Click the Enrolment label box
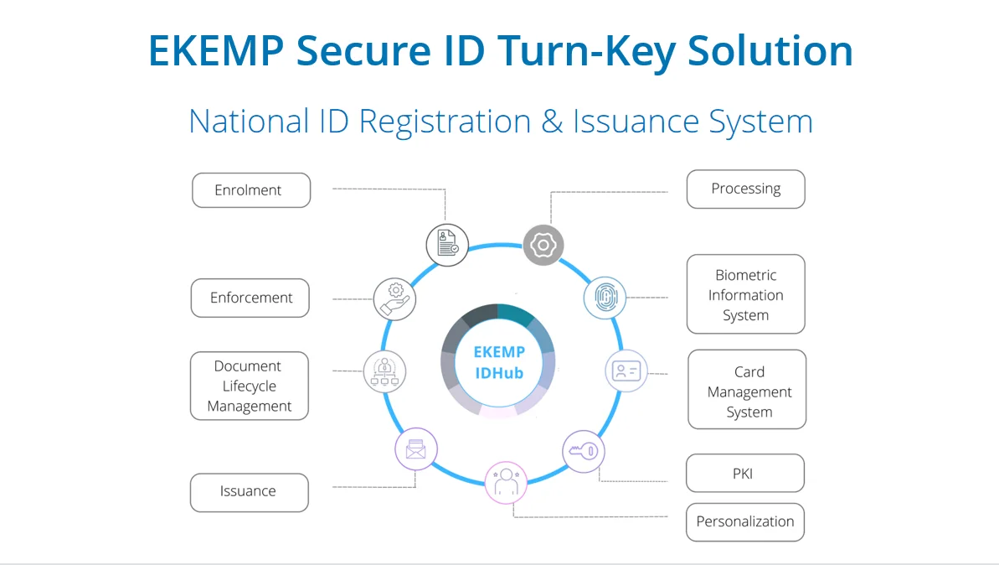click(251, 190)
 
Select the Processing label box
click(745, 189)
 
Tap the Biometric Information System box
click(745, 295)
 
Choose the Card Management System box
click(747, 391)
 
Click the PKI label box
click(744, 474)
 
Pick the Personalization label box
click(744, 521)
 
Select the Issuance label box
click(249, 492)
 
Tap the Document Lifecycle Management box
click(250, 386)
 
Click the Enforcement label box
click(250, 298)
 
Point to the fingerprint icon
click(605, 298)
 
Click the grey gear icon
click(543, 245)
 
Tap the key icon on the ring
click(583, 451)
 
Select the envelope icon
click(416, 450)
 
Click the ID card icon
click(626, 371)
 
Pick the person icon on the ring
click(506, 482)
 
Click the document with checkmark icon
click(447, 245)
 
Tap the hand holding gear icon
click(394, 298)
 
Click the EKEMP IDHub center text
click(498, 362)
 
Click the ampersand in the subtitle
click(552, 122)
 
